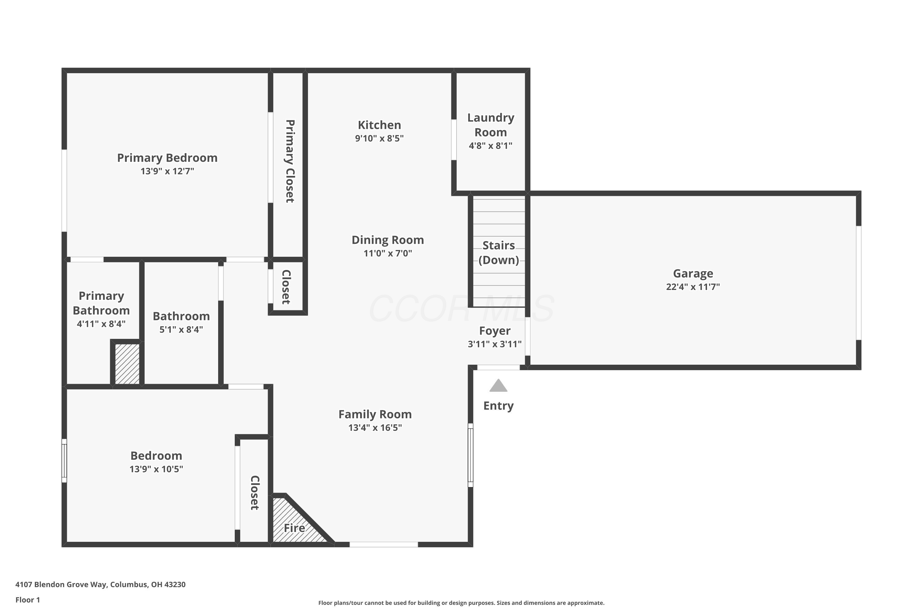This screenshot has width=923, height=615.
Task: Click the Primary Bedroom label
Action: coord(167,158)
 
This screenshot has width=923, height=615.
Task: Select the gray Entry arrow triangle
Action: coord(498,386)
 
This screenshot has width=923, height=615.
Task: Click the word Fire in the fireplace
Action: coord(294,528)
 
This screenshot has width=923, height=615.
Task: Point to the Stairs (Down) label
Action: coord(498,252)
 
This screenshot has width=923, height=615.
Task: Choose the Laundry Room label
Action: coord(490,125)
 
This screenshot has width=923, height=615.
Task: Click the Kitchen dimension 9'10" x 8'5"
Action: coord(379,138)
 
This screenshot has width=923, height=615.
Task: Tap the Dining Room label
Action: coord(387,240)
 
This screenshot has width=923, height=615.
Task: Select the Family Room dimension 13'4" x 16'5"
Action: coord(375,427)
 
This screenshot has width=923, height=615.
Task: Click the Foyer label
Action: coord(494,331)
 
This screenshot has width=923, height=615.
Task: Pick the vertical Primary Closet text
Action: coord(290,161)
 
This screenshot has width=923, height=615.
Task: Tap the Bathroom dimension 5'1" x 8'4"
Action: coord(181,329)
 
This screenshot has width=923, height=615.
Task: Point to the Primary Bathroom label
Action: coord(101,303)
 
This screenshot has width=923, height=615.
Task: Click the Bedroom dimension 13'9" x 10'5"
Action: coord(156,469)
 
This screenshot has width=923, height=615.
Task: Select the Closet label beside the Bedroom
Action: coord(255,493)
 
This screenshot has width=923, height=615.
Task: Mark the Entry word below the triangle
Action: coord(498,406)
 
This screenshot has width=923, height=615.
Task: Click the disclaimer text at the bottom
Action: coord(461,603)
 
